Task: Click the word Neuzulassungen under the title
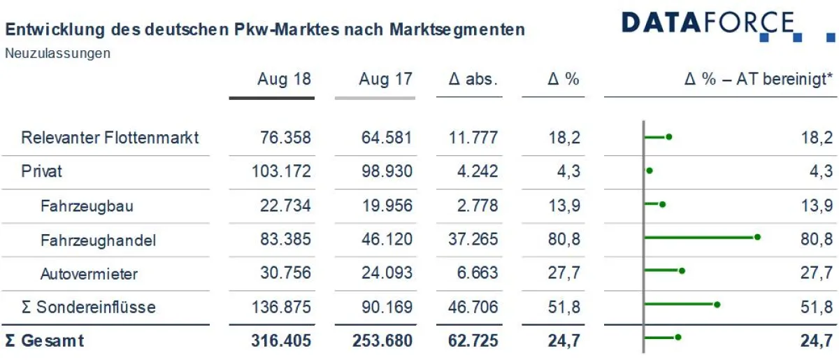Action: tap(57, 53)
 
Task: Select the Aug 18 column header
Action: tap(284, 79)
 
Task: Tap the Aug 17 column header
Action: tap(385, 79)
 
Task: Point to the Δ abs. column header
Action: tap(473, 79)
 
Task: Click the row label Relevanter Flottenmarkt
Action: tap(110, 138)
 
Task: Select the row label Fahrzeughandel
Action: tap(98, 240)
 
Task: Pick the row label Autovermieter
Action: tap(89, 274)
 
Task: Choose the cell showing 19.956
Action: tap(387, 206)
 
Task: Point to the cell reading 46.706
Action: tap(473, 308)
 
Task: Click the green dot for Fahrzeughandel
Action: tap(757, 237)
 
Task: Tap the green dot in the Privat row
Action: tap(650, 171)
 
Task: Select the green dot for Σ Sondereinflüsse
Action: tap(717, 304)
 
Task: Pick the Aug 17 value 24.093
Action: tap(387, 273)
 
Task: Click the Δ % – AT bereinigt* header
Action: tap(758, 79)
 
